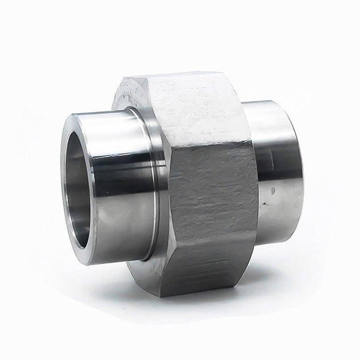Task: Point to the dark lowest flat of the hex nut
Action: pos(210,280)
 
